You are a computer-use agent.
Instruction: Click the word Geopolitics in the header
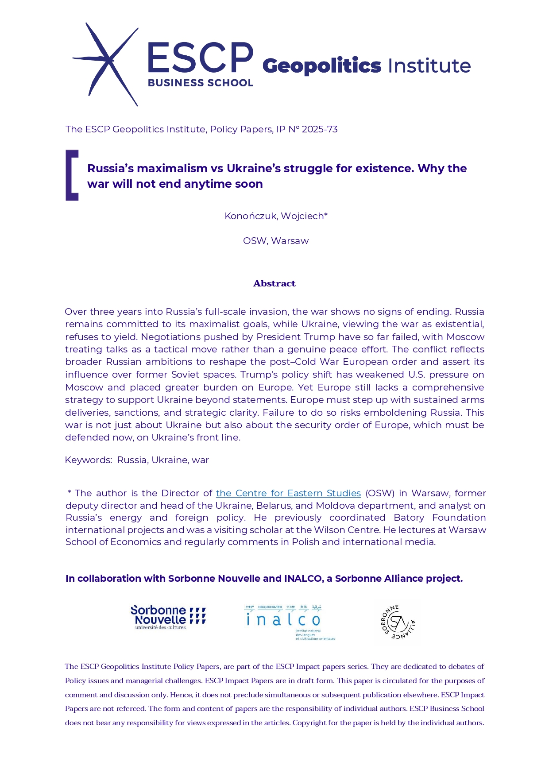tap(321, 66)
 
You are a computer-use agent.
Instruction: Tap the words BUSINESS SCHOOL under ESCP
tap(200, 83)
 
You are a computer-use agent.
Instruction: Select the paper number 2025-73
tap(320, 129)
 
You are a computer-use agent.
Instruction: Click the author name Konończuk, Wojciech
tap(275, 216)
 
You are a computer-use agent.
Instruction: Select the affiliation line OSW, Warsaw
tap(275, 241)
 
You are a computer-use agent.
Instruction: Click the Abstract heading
tap(274, 283)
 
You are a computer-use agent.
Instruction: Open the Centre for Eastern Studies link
tap(288, 493)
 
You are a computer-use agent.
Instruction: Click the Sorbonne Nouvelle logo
tap(168, 617)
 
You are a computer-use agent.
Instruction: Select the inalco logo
tap(288, 622)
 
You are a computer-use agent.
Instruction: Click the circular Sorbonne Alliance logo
tap(398, 622)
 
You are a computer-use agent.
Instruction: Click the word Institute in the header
tap(429, 66)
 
